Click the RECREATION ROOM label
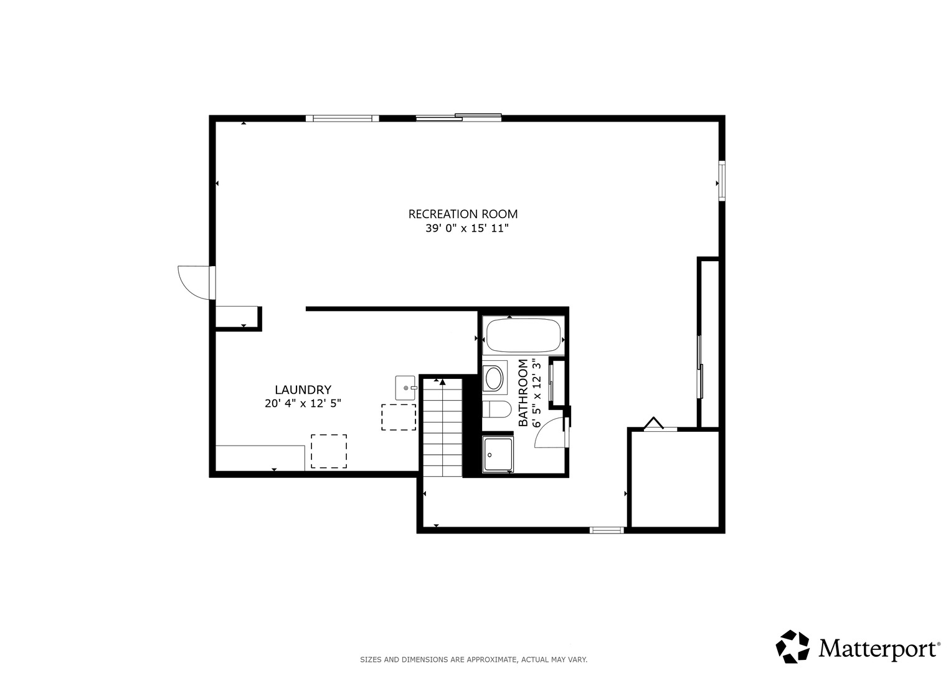coord(463,214)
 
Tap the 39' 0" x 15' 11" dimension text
coord(467,229)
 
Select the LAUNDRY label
coord(303,389)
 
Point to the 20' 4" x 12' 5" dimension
coord(303,403)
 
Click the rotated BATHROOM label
coord(524,393)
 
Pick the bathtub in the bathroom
coord(524,335)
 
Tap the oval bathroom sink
coord(494,378)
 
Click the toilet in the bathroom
coord(497,409)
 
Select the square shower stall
coord(498,454)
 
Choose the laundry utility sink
coord(405,388)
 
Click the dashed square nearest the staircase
coord(399,418)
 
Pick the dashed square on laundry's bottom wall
coord(329,451)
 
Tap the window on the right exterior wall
coord(721,180)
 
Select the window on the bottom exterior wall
coord(607,530)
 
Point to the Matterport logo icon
coord(792,646)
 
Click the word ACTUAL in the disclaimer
coord(535,660)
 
